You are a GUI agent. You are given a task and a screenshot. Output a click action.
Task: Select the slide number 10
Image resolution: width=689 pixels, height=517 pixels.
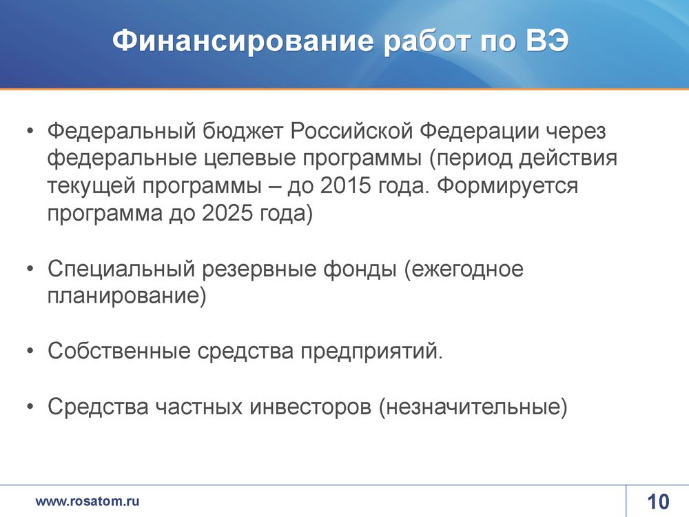658,502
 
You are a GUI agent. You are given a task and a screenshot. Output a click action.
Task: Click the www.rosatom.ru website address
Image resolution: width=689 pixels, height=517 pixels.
88,501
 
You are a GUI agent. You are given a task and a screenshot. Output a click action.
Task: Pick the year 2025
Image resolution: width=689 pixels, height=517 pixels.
227,213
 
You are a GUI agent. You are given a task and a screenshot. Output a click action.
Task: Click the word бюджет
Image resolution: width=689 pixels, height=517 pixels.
242,132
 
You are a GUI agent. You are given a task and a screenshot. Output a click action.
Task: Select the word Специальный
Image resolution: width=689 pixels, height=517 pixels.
121,269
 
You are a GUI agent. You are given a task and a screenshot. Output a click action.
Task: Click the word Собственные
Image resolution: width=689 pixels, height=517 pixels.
119,351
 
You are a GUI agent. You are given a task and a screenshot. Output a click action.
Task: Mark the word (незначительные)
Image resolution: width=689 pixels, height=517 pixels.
473,407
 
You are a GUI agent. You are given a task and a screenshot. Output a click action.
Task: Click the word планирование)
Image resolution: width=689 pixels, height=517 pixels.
127,296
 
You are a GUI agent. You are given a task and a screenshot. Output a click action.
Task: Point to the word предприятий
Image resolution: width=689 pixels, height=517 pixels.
372,352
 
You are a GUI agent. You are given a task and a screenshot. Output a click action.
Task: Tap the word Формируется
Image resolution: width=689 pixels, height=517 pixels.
508,186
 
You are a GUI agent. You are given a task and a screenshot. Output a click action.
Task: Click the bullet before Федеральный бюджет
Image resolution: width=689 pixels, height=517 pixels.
30,131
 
